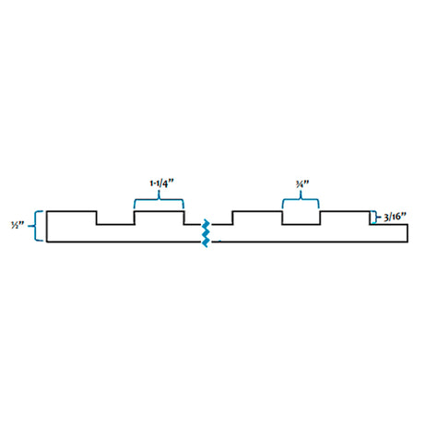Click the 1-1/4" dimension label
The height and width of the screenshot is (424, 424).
click(161, 183)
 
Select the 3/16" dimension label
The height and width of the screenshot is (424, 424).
click(395, 217)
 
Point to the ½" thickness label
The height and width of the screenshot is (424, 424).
click(18, 226)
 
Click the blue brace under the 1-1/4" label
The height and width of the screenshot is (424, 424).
click(159, 199)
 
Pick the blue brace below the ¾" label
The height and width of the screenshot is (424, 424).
click(300, 199)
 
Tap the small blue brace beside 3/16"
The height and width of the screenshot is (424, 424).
click(375, 217)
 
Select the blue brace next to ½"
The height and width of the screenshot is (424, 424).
click(36, 226)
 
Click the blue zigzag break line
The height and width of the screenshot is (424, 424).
click(206, 233)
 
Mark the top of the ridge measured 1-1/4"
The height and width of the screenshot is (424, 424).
click(159, 211)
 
